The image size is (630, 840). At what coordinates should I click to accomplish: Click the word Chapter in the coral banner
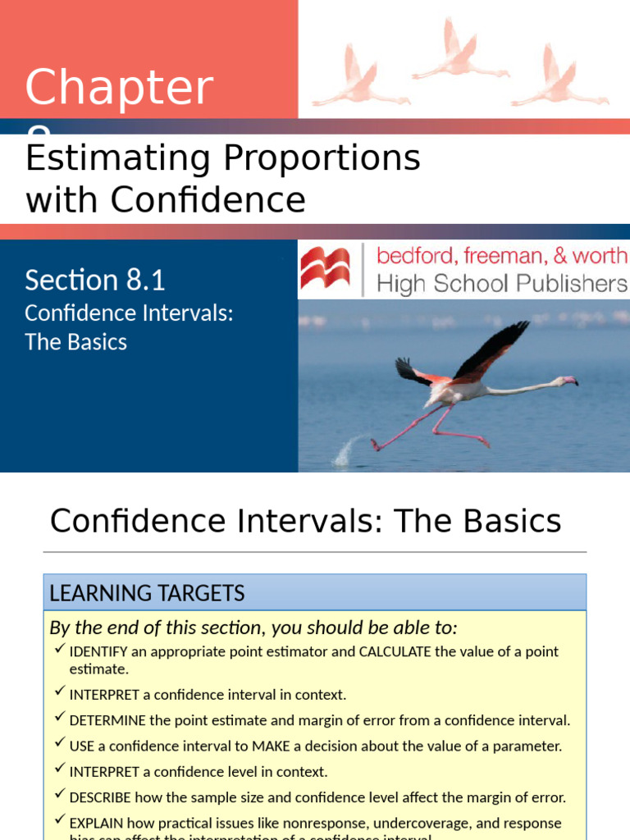click(119, 89)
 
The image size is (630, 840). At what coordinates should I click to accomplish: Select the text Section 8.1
click(94, 281)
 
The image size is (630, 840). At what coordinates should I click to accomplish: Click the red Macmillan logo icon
click(326, 270)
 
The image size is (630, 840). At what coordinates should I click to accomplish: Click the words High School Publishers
click(501, 284)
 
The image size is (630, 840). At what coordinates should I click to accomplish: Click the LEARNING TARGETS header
click(147, 592)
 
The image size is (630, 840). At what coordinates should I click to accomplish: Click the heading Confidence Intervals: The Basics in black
click(305, 522)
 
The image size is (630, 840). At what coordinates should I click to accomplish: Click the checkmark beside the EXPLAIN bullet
click(59, 820)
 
